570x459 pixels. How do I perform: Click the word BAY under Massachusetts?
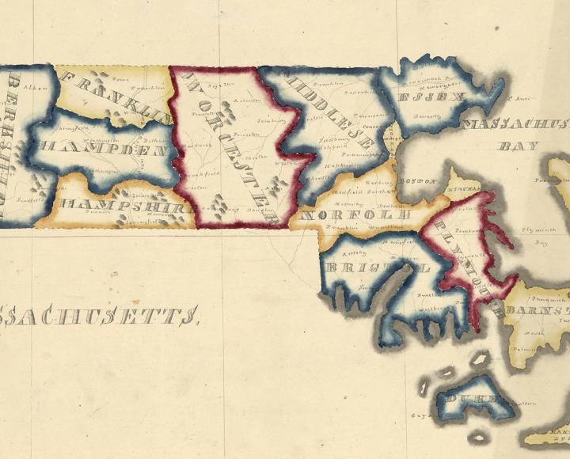(x=519, y=146)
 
